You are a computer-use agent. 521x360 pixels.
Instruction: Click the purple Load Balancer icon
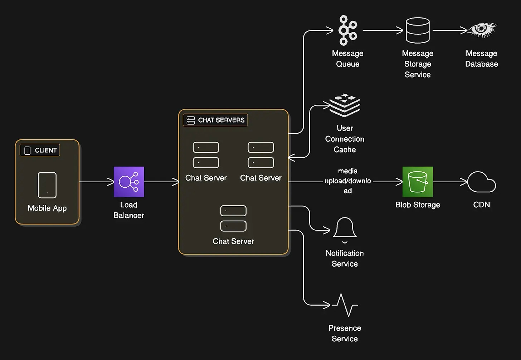(x=129, y=182)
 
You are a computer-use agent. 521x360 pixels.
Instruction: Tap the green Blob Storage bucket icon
(x=418, y=182)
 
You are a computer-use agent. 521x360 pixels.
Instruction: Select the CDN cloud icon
(x=482, y=182)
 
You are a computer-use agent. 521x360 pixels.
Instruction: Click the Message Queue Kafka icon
(x=348, y=30)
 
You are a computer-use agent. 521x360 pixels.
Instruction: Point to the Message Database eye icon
(x=482, y=30)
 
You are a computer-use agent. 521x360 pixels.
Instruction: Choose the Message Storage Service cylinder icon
(x=418, y=30)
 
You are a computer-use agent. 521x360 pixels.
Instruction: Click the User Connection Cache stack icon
(x=345, y=105)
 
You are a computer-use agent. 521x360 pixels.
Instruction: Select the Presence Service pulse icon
(x=345, y=305)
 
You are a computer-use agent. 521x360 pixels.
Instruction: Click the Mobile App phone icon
(x=47, y=185)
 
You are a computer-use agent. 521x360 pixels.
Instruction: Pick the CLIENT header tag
(x=40, y=150)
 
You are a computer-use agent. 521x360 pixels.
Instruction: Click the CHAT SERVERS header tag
(x=215, y=120)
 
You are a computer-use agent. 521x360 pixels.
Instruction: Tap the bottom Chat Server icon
(x=233, y=218)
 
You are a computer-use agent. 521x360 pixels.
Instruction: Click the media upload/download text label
(x=348, y=181)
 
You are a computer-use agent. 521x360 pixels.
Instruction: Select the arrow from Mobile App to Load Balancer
(x=97, y=182)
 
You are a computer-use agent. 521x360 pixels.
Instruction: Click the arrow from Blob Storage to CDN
(x=450, y=182)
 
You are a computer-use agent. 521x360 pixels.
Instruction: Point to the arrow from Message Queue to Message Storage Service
(x=383, y=30)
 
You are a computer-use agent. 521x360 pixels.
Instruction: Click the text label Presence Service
(x=345, y=334)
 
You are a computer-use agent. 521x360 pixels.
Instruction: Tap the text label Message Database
(x=482, y=59)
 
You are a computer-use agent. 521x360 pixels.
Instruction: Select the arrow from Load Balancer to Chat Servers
(x=162, y=182)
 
